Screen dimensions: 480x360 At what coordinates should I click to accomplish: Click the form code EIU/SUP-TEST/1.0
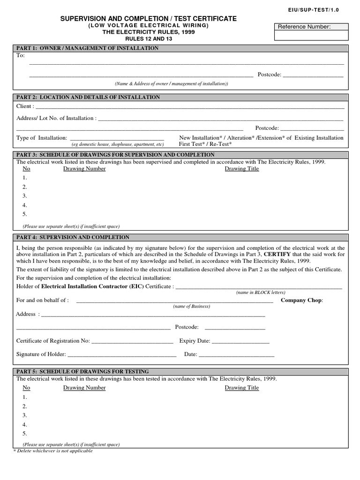pyautogui.click(x=329, y=8)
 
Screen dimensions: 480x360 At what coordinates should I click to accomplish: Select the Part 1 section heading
pyautogui.click(x=87, y=48)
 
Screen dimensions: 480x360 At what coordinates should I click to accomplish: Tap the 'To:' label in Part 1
pyautogui.click(x=20, y=55)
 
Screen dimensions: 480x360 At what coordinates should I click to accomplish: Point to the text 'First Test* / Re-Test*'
pyautogui.click(x=205, y=144)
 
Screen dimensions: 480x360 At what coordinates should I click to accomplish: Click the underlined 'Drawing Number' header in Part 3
pyautogui.click(x=84, y=169)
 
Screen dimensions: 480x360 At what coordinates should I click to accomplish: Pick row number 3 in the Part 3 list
pyautogui.click(x=25, y=196)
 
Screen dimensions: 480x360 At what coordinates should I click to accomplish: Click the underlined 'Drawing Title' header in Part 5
pyautogui.click(x=241, y=388)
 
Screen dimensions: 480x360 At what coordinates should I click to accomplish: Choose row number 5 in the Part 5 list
pyautogui.click(x=25, y=434)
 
